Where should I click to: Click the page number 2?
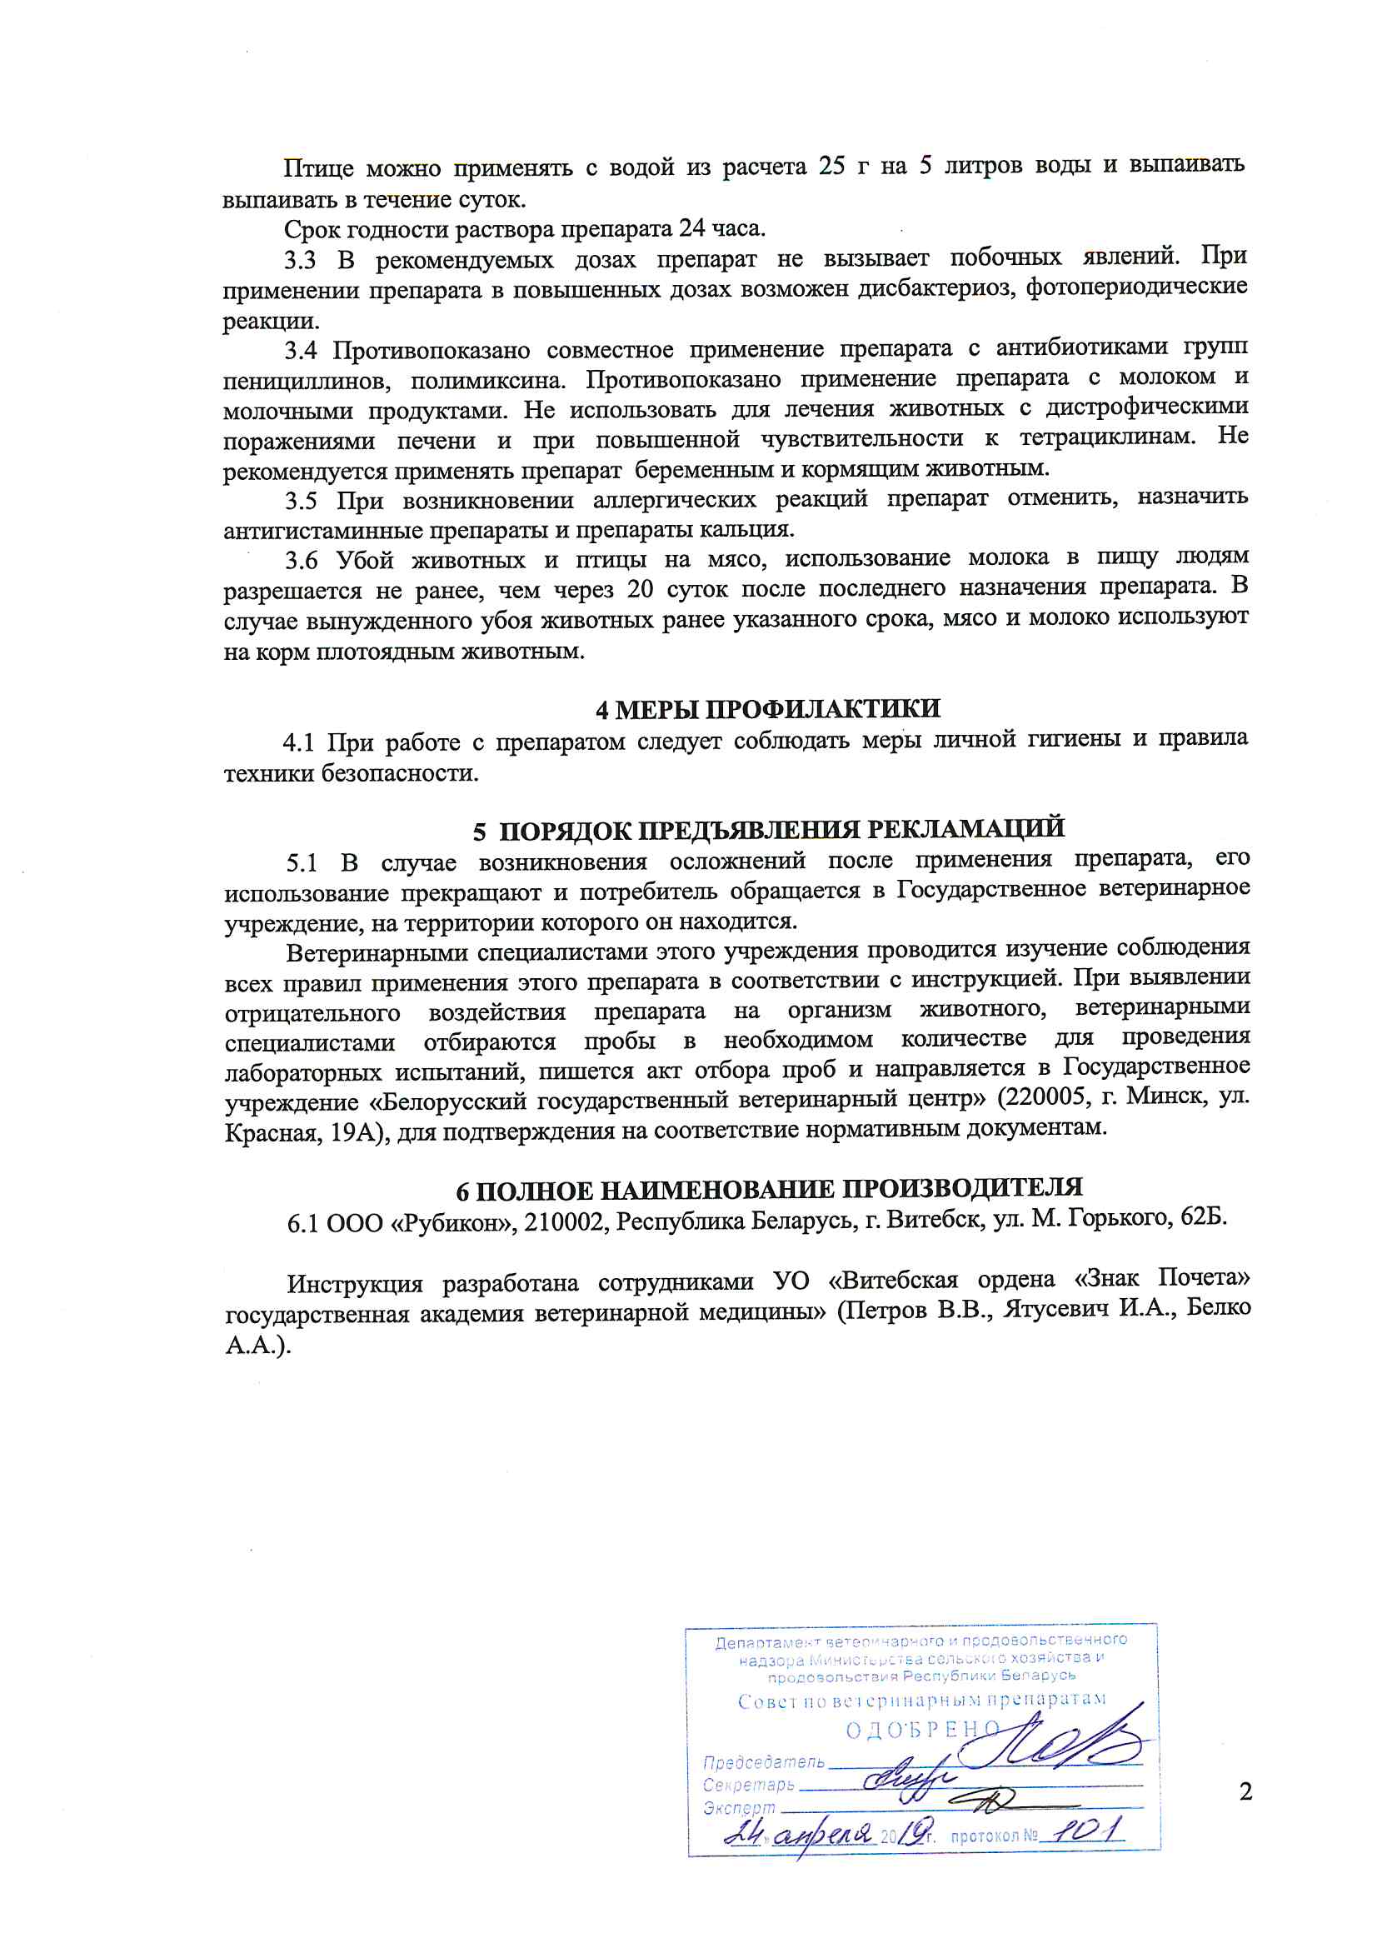pyautogui.click(x=1245, y=1792)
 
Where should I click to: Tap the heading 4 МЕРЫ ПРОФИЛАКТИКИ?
pyautogui.click(x=767, y=709)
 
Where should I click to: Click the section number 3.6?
pyautogui.click(x=302, y=560)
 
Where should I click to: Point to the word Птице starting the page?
pyautogui.click(x=317, y=168)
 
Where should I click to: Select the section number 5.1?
pyautogui.click(x=302, y=864)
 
